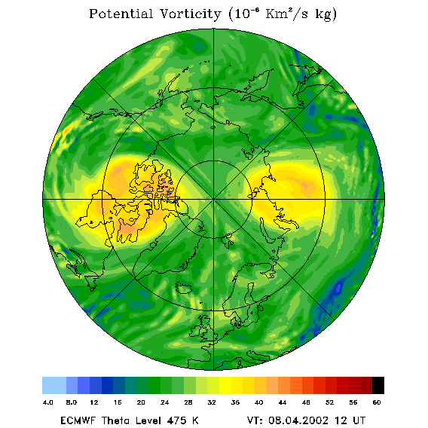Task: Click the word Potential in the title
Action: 121,14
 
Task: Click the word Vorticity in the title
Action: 190,14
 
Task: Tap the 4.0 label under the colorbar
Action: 48,402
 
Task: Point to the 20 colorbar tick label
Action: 141,402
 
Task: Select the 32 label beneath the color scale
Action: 212,402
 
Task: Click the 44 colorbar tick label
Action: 283,402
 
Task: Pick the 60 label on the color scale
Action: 377,402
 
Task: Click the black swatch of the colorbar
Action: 378,385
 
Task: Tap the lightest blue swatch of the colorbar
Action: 54,385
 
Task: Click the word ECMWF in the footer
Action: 78,420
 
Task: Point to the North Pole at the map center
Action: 214,200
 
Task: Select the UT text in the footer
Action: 359,420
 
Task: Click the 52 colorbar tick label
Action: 329,402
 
